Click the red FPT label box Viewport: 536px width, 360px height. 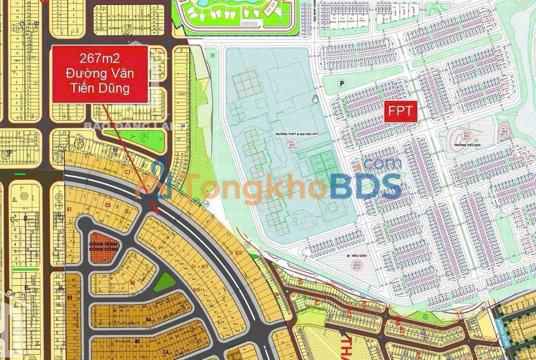tap(400, 111)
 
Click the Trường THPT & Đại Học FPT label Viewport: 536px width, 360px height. tap(290, 134)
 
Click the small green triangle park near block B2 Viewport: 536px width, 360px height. tap(164, 282)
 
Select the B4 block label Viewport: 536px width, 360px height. tap(148, 319)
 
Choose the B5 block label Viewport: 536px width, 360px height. tap(136, 341)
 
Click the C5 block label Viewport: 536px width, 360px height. tap(107, 205)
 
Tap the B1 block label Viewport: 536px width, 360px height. tap(70, 208)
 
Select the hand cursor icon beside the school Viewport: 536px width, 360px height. tap(315, 97)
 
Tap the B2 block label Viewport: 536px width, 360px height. tap(132, 283)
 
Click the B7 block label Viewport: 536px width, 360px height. tap(204, 267)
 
